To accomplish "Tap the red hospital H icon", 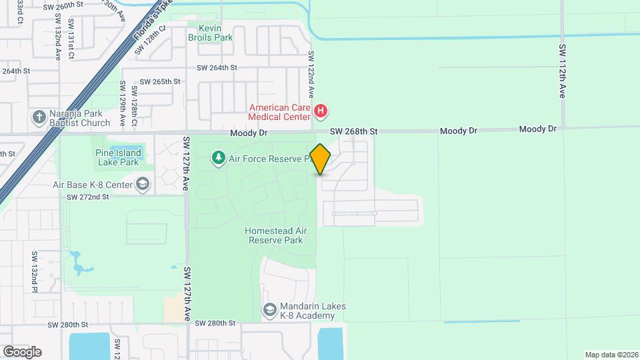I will click(x=321, y=110).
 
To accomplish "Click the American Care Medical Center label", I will click(x=280, y=112).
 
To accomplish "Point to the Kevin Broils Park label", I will click(x=210, y=33).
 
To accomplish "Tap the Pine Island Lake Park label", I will click(x=118, y=157).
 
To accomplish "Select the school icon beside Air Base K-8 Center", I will click(x=142, y=184).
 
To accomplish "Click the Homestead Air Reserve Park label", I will click(x=276, y=235).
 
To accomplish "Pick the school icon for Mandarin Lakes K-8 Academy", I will click(x=269, y=310).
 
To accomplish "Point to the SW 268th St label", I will click(x=353, y=132).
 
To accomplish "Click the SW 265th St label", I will click(x=156, y=81).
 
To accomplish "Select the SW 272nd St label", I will click(x=87, y=197).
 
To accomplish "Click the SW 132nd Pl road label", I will click(x=35, y=271).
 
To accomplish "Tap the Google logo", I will click(x=22, y=351).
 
